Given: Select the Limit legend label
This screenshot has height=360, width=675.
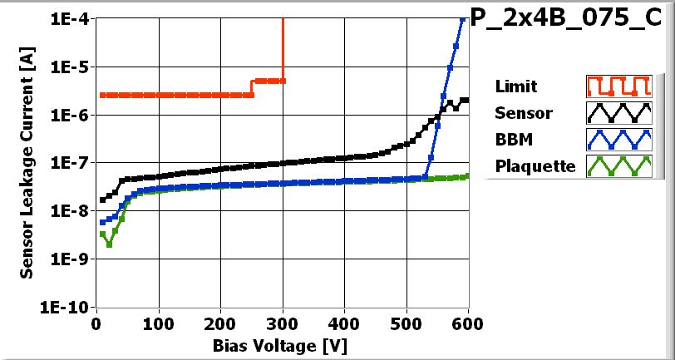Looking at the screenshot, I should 515,86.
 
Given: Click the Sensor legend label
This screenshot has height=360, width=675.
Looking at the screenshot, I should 523,112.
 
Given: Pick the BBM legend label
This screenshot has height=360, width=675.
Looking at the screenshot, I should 512,139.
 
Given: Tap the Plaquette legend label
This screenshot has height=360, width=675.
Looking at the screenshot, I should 535,165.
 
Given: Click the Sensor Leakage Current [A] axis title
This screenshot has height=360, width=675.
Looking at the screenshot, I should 27,163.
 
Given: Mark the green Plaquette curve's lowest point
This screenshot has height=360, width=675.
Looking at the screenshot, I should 109,244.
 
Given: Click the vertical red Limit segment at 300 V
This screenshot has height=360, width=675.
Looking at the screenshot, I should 283,50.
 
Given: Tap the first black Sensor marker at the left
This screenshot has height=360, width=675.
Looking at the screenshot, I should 102,200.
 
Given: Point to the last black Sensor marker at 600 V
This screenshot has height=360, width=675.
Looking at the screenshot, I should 466,100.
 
